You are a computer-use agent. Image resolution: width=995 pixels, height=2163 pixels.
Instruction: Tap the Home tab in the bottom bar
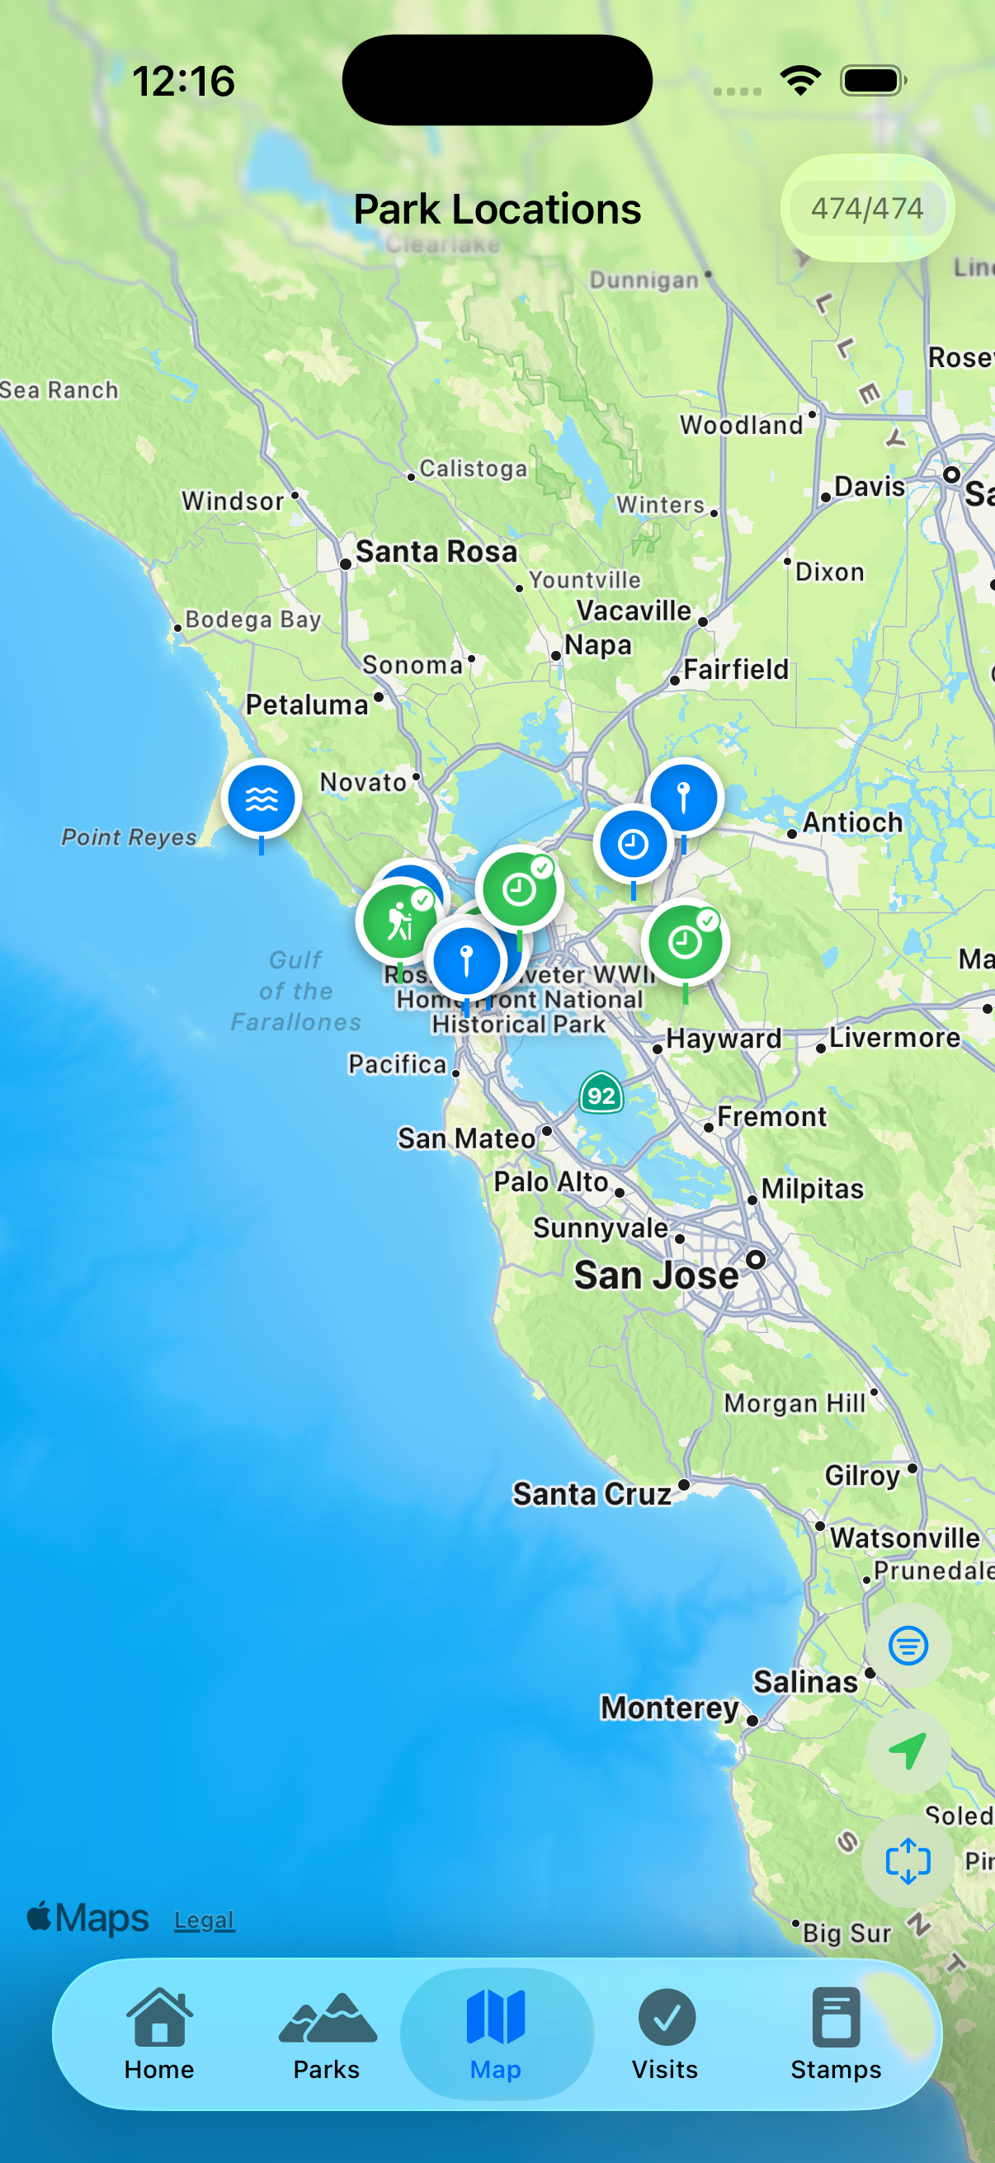click(x=158, y=2033)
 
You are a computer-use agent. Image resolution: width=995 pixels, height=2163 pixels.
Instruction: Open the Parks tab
click(x=327, y=2033)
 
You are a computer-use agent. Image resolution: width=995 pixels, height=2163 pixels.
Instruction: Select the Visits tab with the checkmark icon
click(x=665, y=2033)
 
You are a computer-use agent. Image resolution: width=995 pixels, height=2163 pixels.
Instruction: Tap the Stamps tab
click(x=836, y=2033)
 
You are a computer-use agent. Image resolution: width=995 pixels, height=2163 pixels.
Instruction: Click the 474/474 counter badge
click(x=866, y=207)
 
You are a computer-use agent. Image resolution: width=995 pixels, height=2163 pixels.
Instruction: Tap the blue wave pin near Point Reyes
click(x=262, y=799)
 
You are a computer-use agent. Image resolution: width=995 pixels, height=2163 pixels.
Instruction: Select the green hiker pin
click(x=398, y=922)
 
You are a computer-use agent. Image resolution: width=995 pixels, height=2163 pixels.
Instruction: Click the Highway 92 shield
click(x=601, y=1094)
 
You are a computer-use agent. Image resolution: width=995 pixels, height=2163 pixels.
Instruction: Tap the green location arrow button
click(x=907, y=1751)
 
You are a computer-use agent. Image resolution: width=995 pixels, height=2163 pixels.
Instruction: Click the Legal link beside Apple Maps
click(x=204, y=1920)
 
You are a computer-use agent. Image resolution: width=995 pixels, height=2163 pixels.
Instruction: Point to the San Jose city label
click(x=657, y=1275)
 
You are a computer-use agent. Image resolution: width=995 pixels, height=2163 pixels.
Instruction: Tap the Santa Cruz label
click(x=592, y=1494)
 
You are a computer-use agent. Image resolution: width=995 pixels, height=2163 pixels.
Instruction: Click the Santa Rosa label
click(x=436, y=552)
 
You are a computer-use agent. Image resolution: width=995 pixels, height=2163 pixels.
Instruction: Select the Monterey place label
click(x=669, y=1707)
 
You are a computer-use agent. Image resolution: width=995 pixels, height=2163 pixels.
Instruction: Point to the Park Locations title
click(x=497, y=209)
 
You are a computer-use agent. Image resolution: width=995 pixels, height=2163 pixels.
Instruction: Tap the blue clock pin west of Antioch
click(x=633, y=844)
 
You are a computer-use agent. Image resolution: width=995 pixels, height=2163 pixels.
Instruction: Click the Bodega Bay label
click(x=252, y=620)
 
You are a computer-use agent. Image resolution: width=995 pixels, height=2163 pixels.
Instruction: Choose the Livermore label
click(x=894, y=1038)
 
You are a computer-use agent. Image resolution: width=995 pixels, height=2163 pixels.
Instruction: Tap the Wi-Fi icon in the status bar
click(x=800, y=81)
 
